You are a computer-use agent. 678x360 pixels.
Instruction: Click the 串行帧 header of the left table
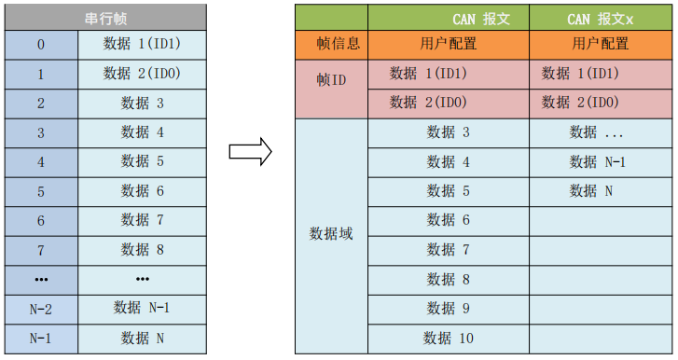pyautogui.click(x=104, y=17)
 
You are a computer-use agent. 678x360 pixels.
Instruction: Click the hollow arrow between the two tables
pyautogui.click(x=250, y=150)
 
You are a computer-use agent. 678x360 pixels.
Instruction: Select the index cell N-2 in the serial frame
pyautogui.click(x=40, y=308)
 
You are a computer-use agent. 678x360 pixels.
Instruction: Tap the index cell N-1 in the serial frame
pyautogui.click(x=40, y=338)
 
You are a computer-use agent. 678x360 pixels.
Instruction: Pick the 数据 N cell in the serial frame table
pyautogui.click(x=142, y=338)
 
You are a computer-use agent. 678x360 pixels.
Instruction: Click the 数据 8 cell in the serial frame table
pyautogui.click(x=142, y=250)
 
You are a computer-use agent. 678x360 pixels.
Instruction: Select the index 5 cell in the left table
pyautogui.click(x=40, y=191)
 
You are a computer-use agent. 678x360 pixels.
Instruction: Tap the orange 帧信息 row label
pyautogui.click(x=332, y=44)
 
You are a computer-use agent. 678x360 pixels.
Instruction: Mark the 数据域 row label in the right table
pyautogui.click(x=332, y=234)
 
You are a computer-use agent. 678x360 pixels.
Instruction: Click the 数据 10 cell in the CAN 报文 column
pyautogui.click(x=449, y=338)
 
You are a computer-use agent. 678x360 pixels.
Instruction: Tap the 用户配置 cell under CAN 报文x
pyautogui.click(x=600, y=44)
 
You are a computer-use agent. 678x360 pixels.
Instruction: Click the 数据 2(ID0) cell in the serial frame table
pyautogui.click(x=142, y=74)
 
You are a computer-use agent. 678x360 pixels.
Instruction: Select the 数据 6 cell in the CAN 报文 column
pyautogui.click(x=449, y=220)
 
